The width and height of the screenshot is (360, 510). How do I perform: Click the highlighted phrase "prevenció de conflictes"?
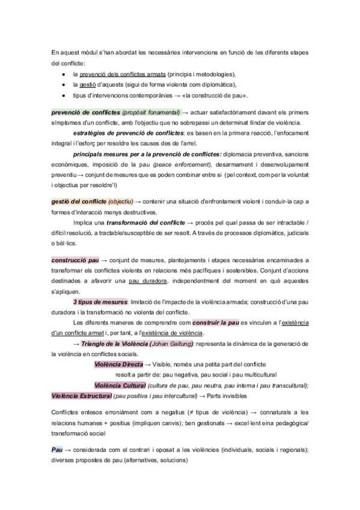[x=85, y=112]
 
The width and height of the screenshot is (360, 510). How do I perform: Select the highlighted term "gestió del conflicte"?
[x=79, y=201]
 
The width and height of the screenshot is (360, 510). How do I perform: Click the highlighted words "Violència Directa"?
[x=118, y=364]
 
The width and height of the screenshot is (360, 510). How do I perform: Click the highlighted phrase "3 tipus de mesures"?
[x=100, y=301]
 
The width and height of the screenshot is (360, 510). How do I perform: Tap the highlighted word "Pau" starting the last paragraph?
[x=58, y=450]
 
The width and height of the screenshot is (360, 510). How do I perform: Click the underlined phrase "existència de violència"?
[x=171, y=333]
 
